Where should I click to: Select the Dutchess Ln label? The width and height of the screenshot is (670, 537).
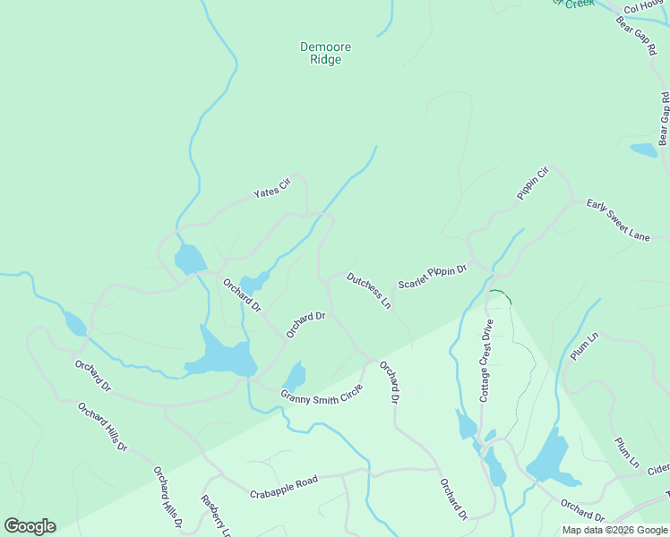pos(369,290)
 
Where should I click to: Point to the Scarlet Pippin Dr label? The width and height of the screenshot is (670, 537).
pos(434,275)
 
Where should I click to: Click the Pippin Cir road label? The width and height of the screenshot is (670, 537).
pos(531,183)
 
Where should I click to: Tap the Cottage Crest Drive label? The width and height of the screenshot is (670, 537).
pos(486,360)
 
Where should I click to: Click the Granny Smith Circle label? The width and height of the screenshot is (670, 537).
pos(322,394)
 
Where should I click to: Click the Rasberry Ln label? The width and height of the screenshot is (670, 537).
pos(216,516)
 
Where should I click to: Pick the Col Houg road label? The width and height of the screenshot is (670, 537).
pos(642,8)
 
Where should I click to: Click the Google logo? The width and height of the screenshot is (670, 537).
pos(30,526)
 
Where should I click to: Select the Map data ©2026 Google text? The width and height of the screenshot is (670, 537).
pos(614,530)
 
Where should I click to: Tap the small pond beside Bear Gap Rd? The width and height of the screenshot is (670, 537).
pos(644,149)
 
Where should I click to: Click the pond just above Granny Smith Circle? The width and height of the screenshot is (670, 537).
pos(294,376)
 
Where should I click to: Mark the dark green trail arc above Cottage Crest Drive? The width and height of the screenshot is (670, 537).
pos(501,294)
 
